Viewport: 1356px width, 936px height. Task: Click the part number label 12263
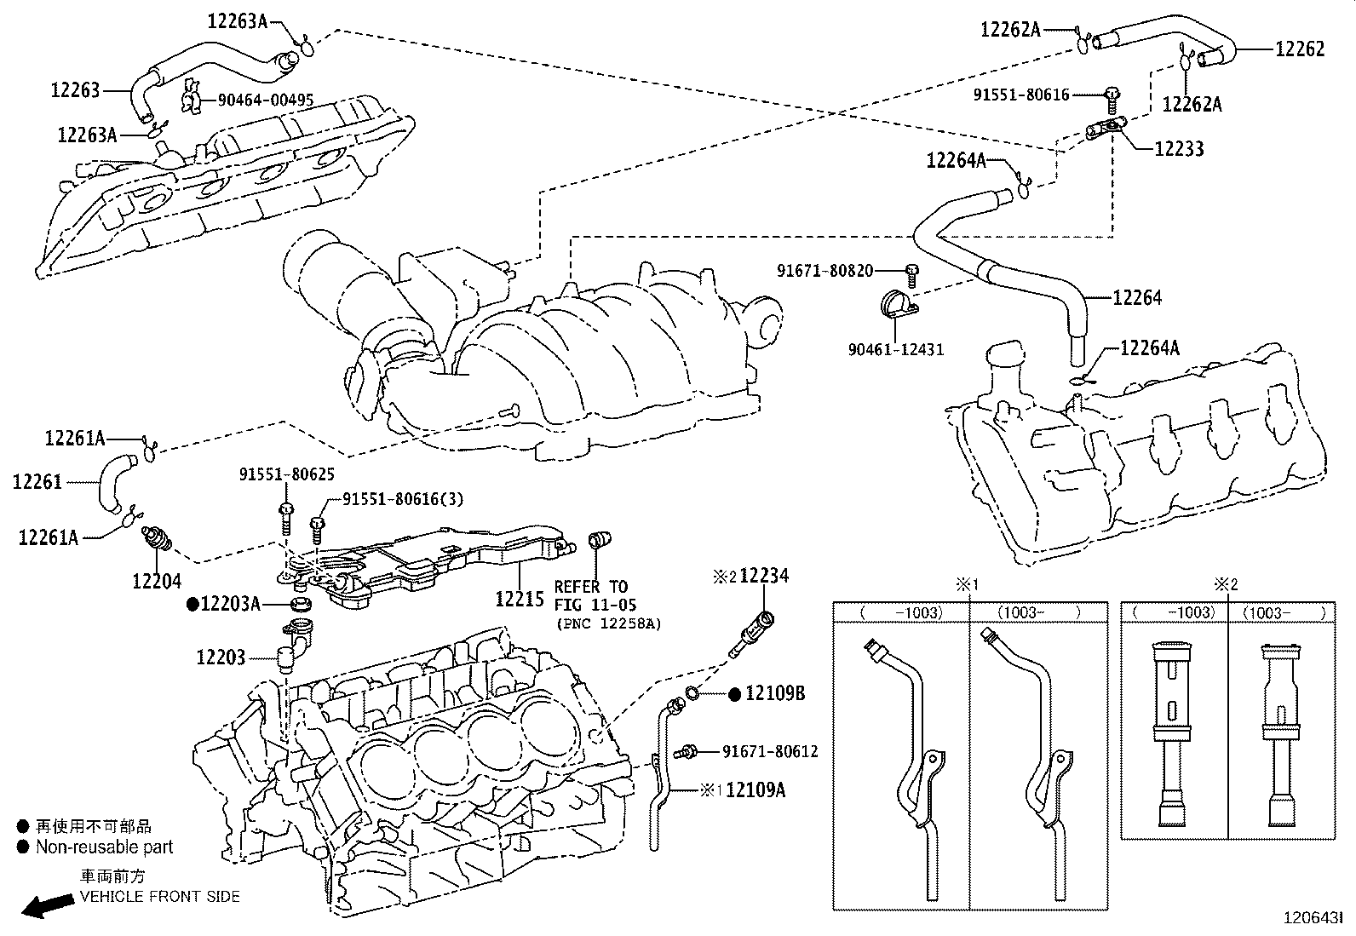click(x=75, y=89)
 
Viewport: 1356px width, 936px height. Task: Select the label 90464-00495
click(x=265, y=100)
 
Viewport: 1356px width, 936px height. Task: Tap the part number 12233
click(x=1179, y=149)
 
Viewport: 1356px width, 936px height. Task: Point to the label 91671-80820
click(x=825, y=271)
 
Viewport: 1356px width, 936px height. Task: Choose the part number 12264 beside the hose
click(x=1136, y=298)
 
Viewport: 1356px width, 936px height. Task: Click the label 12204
click(x=157, y=581)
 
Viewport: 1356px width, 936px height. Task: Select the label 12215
click(x=519, y=599)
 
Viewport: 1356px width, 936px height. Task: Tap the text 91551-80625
click(x=286, y=475)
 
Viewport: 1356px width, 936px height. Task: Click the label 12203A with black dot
click(x=229, y=605)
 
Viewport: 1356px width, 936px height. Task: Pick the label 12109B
click(x=774, y=694)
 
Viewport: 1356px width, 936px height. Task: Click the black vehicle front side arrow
click(x=47, y=906)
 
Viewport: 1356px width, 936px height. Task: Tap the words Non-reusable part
click(x=103, y=847)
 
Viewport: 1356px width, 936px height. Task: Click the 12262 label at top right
click(x=1299, y=49)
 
